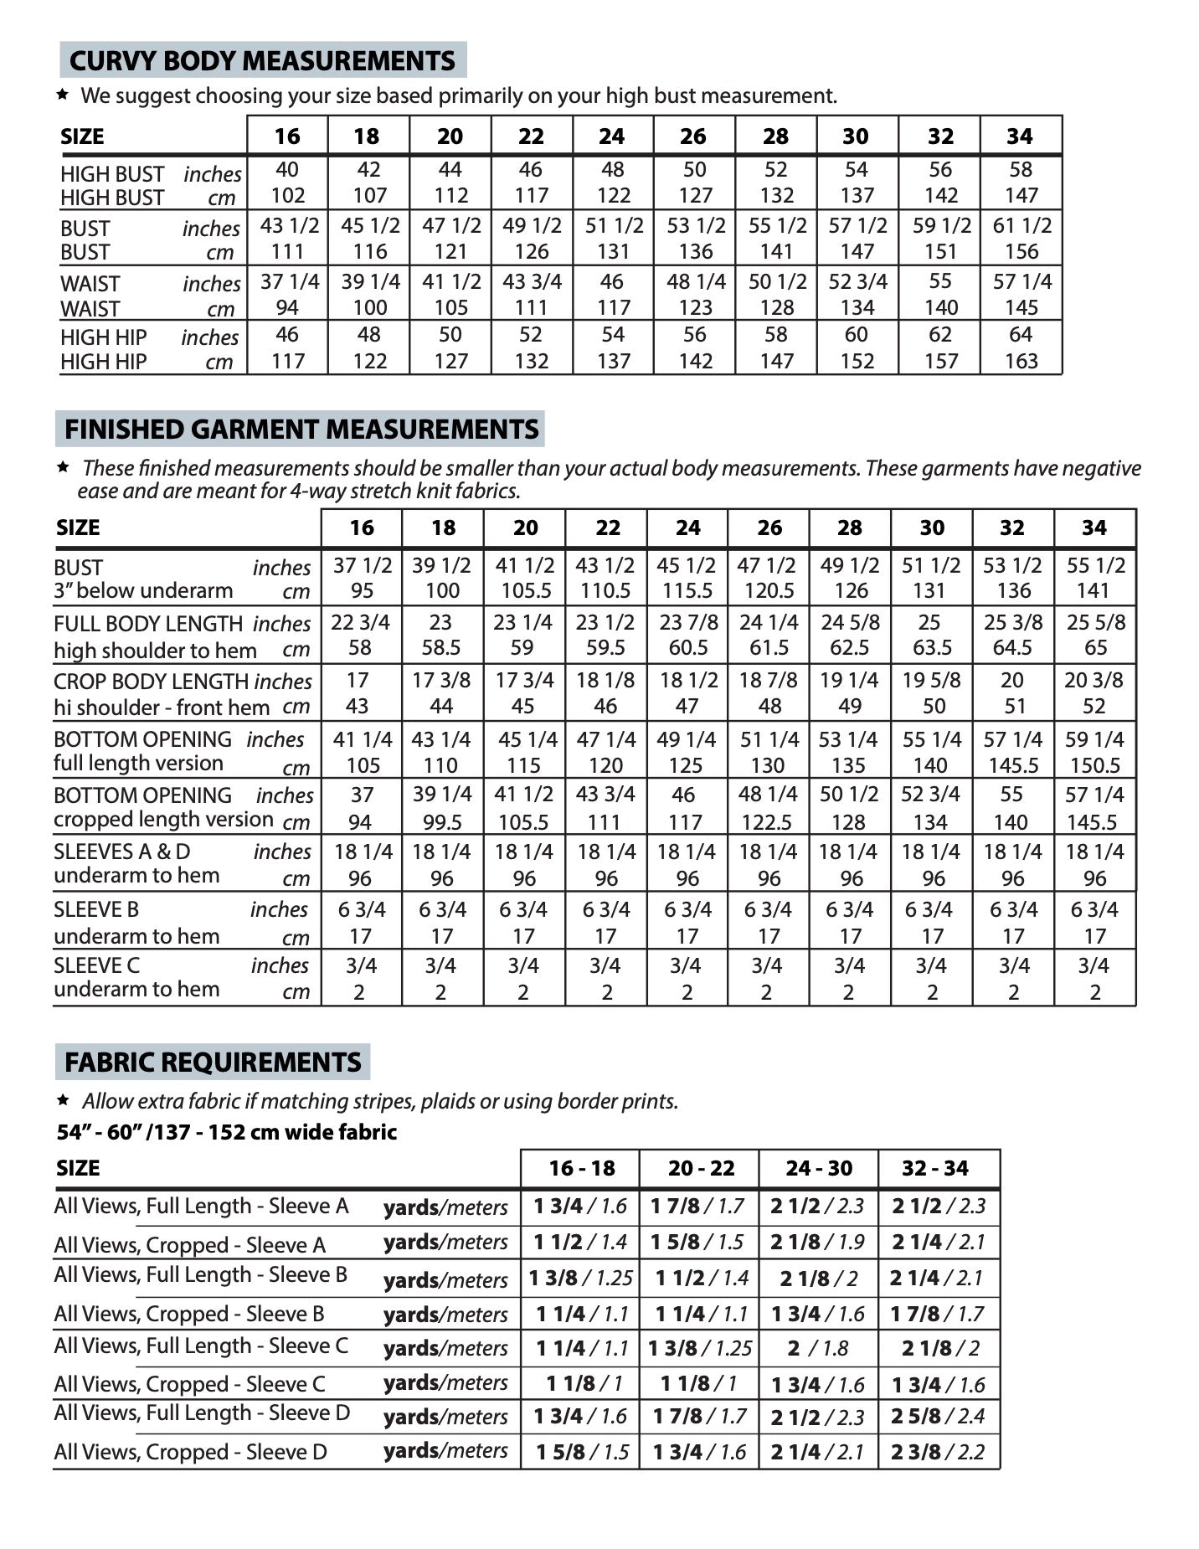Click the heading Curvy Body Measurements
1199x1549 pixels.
coord(262,60)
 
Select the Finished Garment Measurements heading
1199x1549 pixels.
coord(301,429)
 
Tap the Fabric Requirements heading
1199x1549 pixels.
coord(213,1062)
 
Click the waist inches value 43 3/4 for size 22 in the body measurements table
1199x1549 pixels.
coord(532,282)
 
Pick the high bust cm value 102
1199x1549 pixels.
coord(287,196)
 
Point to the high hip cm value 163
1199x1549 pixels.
coord(1021,362)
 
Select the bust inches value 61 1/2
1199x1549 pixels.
coord(1021,226)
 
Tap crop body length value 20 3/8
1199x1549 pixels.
coord(1094,680)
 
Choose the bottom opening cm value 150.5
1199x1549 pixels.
coord(1094,765)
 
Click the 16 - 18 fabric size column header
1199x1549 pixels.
coord(581,1168)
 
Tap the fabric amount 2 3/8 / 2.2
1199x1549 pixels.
coord(938,1452)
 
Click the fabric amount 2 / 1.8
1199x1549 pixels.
coord(818,1349)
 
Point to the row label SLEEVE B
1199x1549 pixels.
coord(96,909)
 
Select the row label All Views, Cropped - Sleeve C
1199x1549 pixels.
coord(189,1384)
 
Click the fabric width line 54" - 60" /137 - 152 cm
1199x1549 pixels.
coord(227,1132)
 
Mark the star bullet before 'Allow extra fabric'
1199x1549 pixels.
coord(62,1099)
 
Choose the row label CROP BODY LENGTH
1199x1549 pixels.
coord(152,682)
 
